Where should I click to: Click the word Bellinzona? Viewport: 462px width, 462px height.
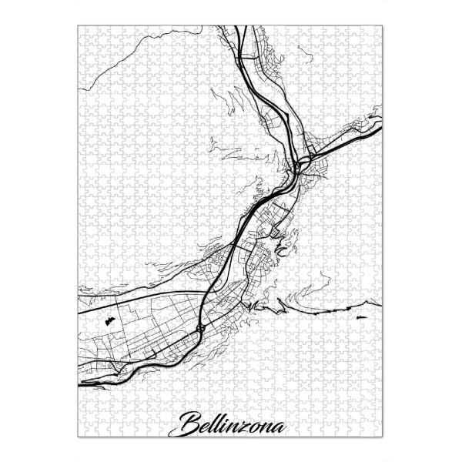[232, 424]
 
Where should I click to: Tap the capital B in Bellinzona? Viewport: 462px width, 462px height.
[189, 423]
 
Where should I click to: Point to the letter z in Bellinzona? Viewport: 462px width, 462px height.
[246, 426]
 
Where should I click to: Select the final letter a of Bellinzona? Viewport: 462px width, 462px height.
[278, 425]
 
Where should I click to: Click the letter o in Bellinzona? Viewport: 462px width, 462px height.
[256, 425]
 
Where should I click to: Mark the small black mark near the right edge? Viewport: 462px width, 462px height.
[359, 317]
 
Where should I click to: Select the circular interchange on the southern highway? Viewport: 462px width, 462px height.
[200, 328]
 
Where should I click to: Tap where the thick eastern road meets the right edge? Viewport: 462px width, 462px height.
[382, 128]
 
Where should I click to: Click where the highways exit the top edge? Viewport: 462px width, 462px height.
[240, 27]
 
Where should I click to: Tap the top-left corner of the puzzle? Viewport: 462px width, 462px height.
[79, 26]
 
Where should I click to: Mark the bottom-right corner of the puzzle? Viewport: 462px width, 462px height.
[383, 436]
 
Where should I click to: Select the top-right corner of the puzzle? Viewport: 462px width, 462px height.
[383, 26]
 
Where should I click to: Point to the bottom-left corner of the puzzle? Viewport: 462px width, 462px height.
[79, 436]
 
